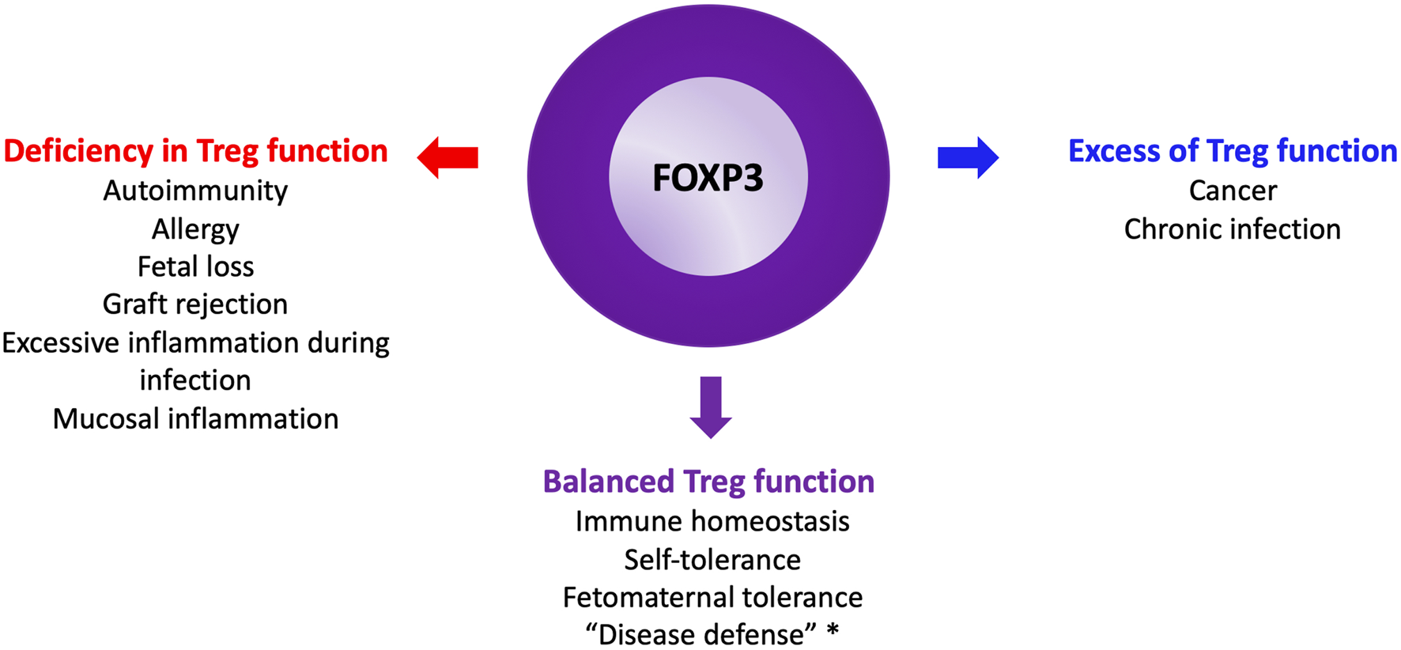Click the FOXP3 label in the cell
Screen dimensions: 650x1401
pyautogui.click(x=708, y=177)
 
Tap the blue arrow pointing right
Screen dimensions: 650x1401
pyautogui.click(x=968, y=157)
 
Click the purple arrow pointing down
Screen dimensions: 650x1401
pyautogui.click(x=711, y=407)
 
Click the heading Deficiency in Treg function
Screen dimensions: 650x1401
pyautogui.click(x=195, y=151)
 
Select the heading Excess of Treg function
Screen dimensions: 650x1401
pyautogui.click(x=1232, y=151)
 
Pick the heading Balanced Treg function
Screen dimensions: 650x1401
pyautogui.click(x=708, y=482)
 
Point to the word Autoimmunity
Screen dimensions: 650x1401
pyautogui.click(x=195, y=191)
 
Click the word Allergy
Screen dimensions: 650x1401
pyautogui.click(x=195, y=229)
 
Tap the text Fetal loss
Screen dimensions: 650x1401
pyautogui.click(x=195, y=266)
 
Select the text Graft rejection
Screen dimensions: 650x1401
pyautogui.click(x=195, y=304)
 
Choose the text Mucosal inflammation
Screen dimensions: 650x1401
pyautogui.click(x=195, y=418)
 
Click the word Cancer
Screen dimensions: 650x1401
pyautogui.click(x=1232, y=191)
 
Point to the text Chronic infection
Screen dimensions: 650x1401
pyautogui.click(x=1232, y=229)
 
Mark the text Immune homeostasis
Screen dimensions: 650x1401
pyautogui.click(x=712, y=521)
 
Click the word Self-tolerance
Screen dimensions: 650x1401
pyautogui.click(x=712, y=560)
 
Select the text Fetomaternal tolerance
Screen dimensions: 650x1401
pyautogui.click(x=712, y=597)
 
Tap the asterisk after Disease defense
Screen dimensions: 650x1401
pyautogui.click(x=832, y=632)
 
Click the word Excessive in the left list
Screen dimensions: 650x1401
pyautogui.click(x=60, y=343)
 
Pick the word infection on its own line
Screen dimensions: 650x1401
pyautogui.click(x=195, y=380)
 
